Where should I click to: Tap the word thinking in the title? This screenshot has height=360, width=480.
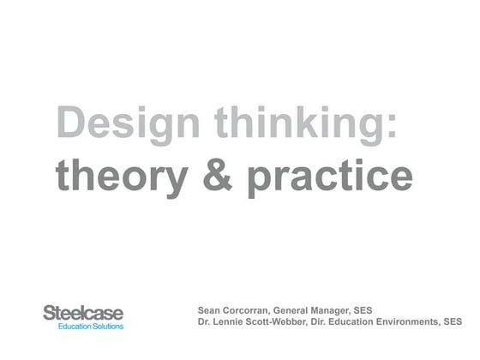286,126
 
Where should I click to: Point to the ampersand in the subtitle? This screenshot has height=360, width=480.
216,176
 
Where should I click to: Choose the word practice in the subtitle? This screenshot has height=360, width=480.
330,177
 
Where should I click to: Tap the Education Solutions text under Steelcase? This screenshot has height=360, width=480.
91,327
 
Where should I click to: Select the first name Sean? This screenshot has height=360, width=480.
209,309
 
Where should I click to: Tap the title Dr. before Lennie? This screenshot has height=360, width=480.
204,323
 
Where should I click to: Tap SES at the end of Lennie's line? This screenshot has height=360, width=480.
453,323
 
